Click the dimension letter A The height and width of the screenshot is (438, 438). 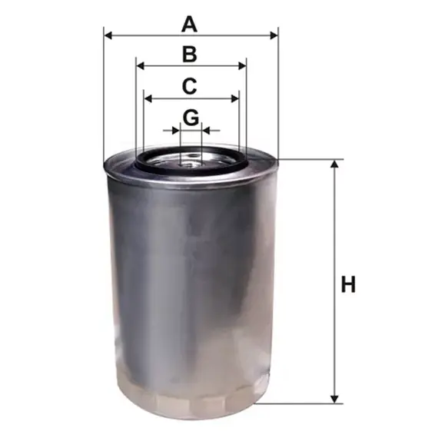pos(189,25)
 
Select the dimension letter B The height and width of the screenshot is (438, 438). pos(190,55)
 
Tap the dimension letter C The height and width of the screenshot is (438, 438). pos(189,86)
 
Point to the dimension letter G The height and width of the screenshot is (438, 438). pos(191,118)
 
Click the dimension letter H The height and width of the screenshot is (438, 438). pos(348,284)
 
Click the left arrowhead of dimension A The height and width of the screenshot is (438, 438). pos(108,35)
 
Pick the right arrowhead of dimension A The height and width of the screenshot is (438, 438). pos(274,35)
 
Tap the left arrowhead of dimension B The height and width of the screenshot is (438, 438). pos(140,66)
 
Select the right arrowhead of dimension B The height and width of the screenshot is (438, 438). pos(242,66)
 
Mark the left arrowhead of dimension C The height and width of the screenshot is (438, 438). pos(148,98)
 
